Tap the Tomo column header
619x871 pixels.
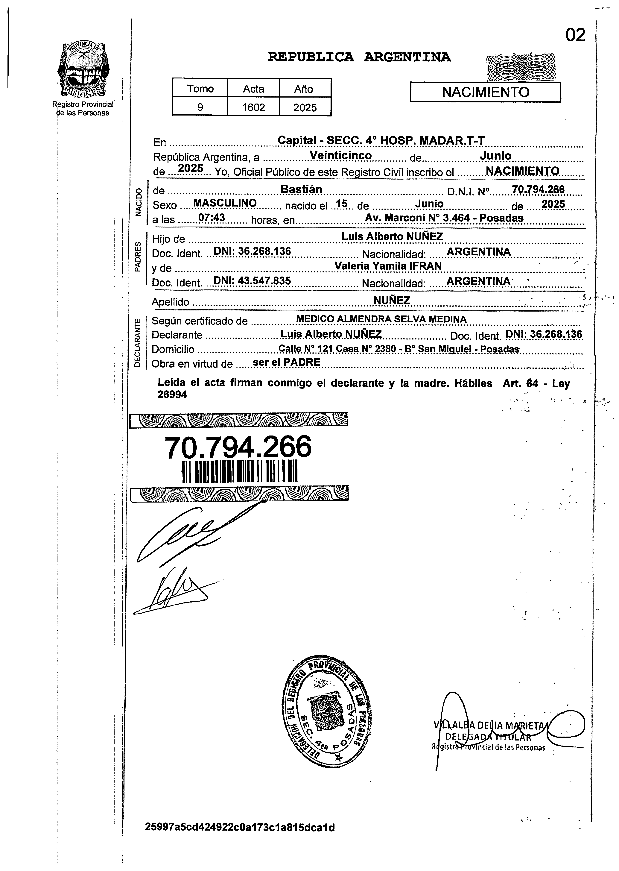(200, 89)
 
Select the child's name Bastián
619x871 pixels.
(301, 189)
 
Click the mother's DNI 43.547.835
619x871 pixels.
(252, 281)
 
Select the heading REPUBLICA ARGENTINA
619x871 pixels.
(359, 57)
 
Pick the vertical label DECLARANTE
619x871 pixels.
(138, 342)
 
